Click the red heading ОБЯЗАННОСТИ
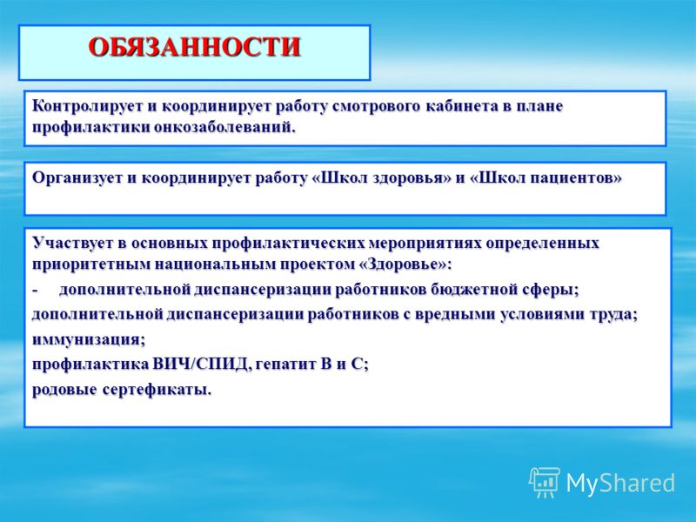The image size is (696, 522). point(194,47)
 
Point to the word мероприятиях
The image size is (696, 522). point(425,244)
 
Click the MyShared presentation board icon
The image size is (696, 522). point(544,483)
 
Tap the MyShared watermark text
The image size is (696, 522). point(620,483)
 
